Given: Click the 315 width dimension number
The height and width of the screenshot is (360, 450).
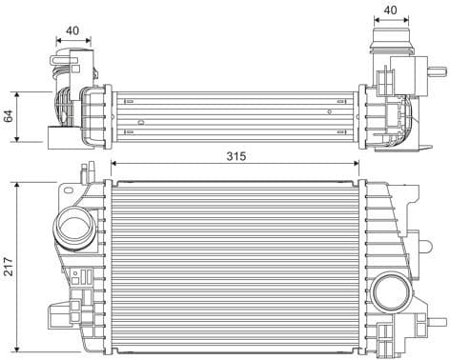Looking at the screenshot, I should point(235,155).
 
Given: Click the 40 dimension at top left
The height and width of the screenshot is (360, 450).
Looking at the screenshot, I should point(73,30).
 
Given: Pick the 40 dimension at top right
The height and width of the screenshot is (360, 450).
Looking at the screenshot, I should point(389,11).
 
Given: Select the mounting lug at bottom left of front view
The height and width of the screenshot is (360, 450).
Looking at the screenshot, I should point(59,314).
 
